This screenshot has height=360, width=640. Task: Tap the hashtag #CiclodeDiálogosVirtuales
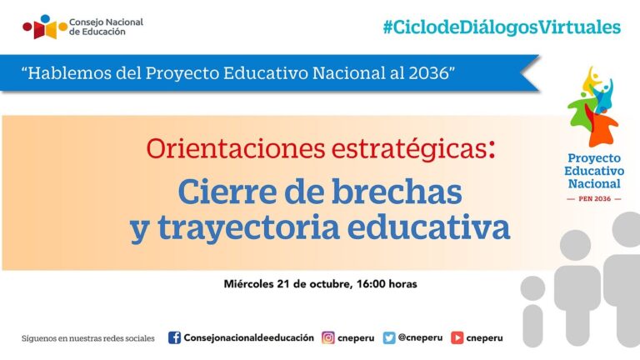tap(502, 27)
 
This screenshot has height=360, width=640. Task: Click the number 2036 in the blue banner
tap(428, 72)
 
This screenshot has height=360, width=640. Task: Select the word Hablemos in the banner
tap(70, 72)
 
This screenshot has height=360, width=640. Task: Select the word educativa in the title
tap(440, 227)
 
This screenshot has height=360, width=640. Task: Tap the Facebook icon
tap(174, 337)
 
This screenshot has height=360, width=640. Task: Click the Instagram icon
tap(328, 337)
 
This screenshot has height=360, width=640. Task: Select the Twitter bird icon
tap(389, 337)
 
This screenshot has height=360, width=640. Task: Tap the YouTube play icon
tap(457, 337)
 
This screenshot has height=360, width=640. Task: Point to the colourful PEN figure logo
tap(592, 105)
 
